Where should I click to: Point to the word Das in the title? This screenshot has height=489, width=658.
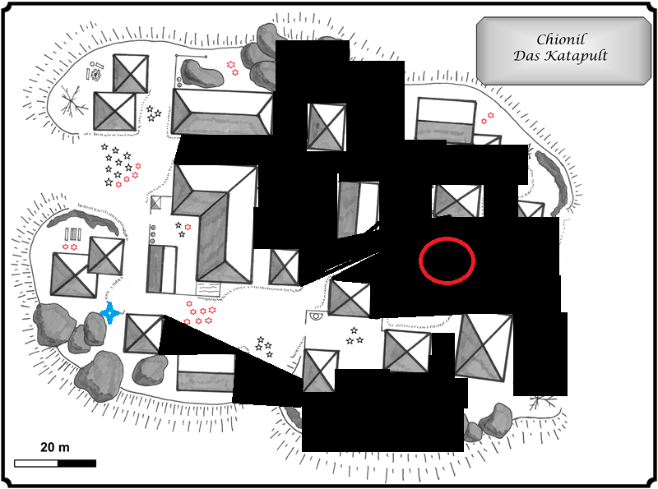(x=527, y=57)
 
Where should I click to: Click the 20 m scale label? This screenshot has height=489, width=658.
(x=55, y=447)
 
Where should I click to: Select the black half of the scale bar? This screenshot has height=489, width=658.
(x=76, y=463)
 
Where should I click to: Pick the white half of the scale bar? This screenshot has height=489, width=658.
(x=35, y=463)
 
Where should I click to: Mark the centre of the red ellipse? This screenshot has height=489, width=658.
(x=447, y=261)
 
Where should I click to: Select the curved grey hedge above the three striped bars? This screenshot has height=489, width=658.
(x=81, y=219)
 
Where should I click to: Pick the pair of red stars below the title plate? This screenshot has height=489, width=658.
(x=488, y=119)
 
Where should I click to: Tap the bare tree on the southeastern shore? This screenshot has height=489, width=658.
(x=541, y=403)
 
